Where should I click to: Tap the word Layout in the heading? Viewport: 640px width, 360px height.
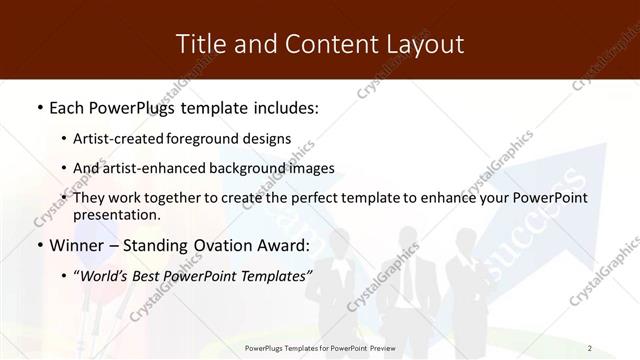(421, 43)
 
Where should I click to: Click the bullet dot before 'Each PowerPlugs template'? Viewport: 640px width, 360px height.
(38, 106)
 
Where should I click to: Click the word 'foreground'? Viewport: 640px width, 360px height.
(209, 138)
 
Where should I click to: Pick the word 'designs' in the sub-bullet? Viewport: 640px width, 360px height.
(269, 138)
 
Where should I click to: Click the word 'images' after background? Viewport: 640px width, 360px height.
(313, 168)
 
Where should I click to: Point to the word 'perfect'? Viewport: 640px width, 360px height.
(325, 198)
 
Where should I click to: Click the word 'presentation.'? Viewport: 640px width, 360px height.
(116, 214)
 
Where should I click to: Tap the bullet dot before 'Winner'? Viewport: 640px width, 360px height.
(38, 245)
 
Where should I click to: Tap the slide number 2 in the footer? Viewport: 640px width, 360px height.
(589, 347)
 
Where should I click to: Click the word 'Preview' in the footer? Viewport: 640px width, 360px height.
(381, 347)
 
